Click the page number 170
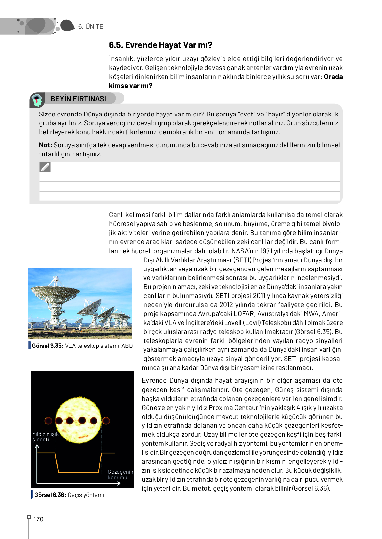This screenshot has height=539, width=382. tap(38, 519)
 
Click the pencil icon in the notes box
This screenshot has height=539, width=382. tap(45, 167)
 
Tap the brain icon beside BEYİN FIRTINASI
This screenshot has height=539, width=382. tap(37, 100)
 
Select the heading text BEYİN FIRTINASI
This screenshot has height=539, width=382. tap(78, 99)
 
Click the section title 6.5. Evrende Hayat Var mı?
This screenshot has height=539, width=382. tap(160, 45)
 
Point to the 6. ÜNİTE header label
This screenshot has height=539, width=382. tap(91, 27)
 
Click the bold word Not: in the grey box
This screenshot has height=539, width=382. tap(45, 145)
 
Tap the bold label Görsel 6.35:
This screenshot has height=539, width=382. tap(48, 346)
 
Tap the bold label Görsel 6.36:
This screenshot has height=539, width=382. tap(50, 495)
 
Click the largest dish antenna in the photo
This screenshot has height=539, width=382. tap(55, 292)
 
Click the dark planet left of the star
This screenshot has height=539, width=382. tap(48, 421)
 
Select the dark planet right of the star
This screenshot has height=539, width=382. tap(106, 421)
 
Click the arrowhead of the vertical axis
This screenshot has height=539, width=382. tap(37, 447)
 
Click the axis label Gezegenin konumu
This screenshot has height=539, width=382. tap(120, 475)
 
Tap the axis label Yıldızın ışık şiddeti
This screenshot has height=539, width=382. tap(45, 437)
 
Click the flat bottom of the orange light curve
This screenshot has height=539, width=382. tap(79, 472)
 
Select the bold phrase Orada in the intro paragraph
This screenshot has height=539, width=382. tap(333, 77)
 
